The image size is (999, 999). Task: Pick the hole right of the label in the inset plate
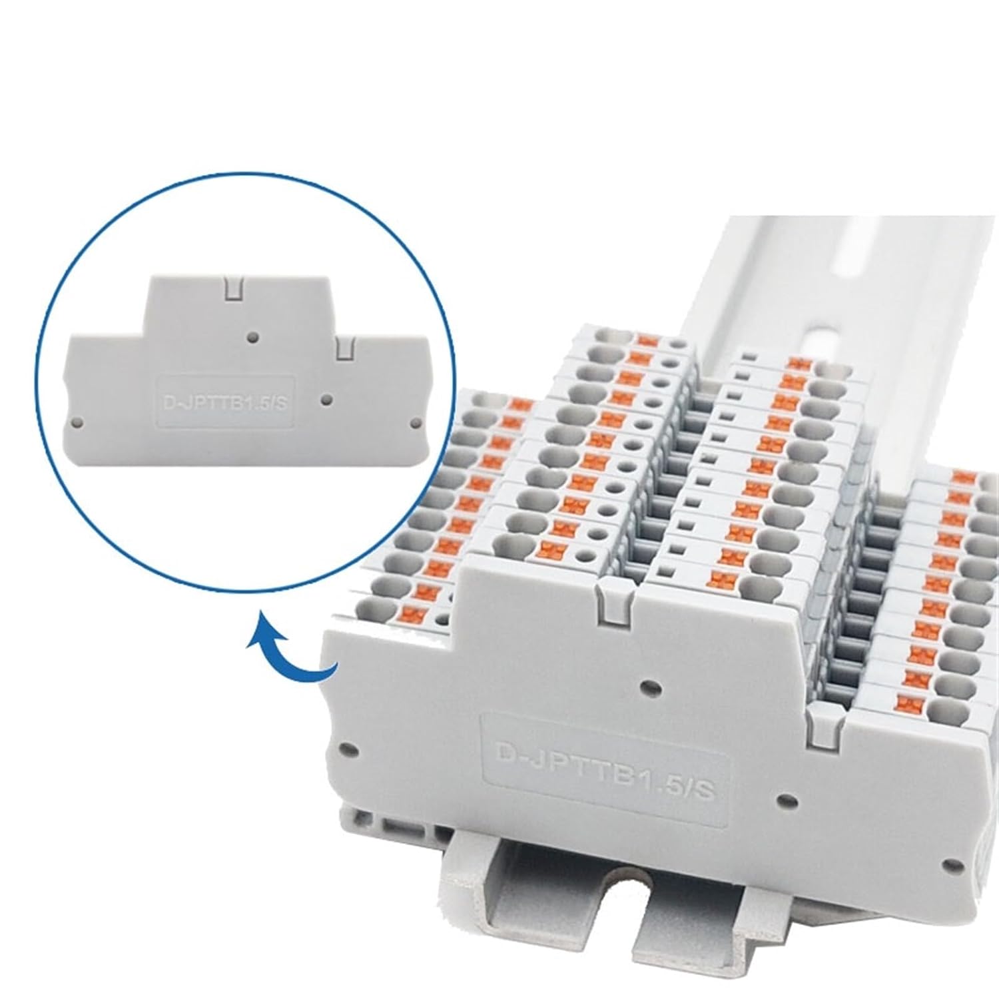tap(326, 400)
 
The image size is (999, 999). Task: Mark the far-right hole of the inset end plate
tap(416, 422)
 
